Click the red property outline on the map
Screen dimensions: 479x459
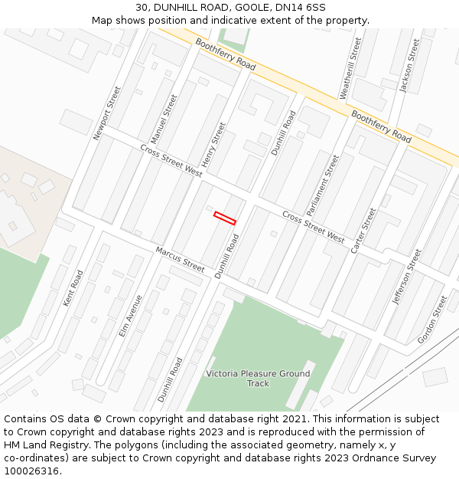point(225,218)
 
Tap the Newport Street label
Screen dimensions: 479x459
point(107,113)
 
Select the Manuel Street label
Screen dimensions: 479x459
point(164,119)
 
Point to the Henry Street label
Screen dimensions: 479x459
point(214,145)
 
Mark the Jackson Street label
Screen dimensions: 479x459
point(409,65)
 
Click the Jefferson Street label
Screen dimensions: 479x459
point(406,276)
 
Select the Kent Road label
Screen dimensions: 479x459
point(73,288)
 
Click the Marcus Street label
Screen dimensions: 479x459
point(181,259)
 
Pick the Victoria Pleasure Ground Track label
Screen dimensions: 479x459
point(258,379)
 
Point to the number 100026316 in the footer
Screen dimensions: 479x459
point(31,471)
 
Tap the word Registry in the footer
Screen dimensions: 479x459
point(61,445)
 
